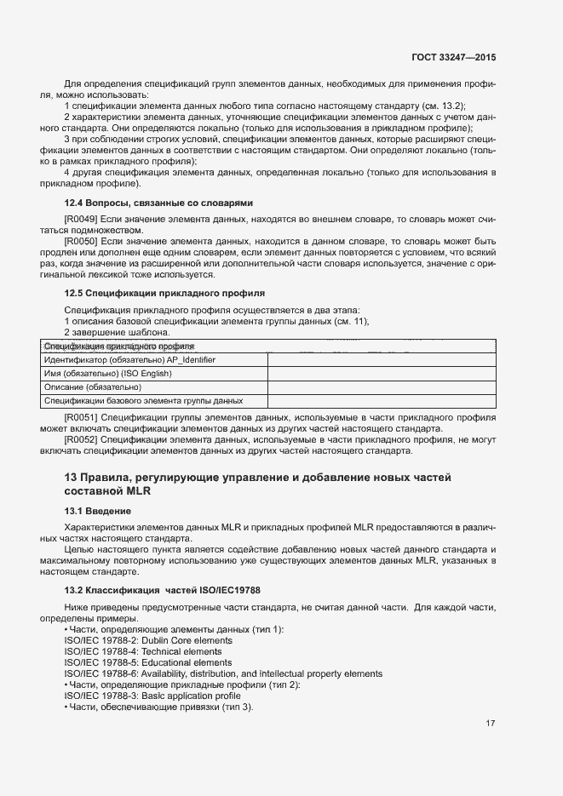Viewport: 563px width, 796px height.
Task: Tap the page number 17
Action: point(490,724)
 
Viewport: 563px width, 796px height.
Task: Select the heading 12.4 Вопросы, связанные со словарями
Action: point(159,203)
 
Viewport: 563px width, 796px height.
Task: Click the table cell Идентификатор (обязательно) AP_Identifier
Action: point(129,360)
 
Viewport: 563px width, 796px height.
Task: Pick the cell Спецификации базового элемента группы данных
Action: point(143,400)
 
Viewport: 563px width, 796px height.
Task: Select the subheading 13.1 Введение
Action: point(98,511)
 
